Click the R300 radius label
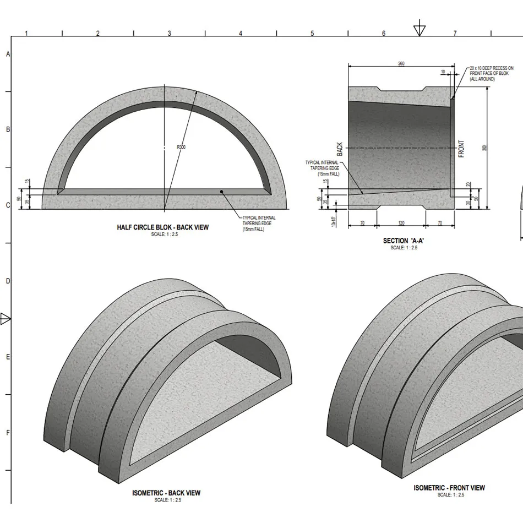(x=181, y=147)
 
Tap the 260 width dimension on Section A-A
(x=401, y=64)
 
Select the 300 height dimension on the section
(x=484, y=148)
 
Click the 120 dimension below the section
(x=401, y=222)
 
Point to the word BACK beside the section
(x=340, y=149)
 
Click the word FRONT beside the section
(x=461, y=149)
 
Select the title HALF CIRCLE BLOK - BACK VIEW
(x=162, y=227)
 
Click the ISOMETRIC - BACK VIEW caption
(x=166, y=493)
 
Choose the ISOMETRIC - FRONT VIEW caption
(x=449, y=488)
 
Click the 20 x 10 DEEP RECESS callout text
(x=491, y=74)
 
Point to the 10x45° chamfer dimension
(x=334, y=221)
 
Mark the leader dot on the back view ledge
(x=221, y=192)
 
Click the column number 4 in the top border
(x=241, y=34)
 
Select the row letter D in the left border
(x=8, y=281)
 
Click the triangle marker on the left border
(x=6, y=319)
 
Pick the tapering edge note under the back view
(x=259, y=224)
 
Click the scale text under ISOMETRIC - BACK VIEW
(x=166, y=500)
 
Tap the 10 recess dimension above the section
(x=443, y=72)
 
